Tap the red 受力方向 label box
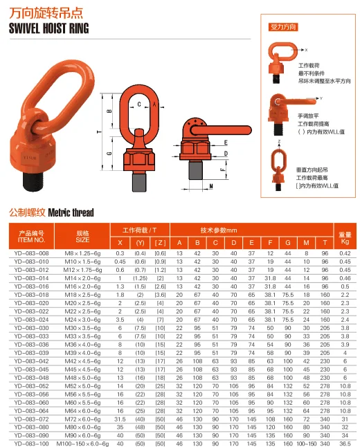tap(283, 28)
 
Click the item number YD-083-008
tap(31, 254)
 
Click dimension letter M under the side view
tap(210, 186)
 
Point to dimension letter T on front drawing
tap(100, 131)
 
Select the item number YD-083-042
tap(31, 361)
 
